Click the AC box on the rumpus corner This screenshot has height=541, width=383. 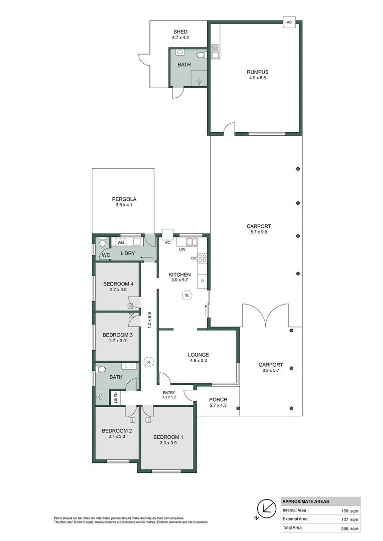tap(289, 22)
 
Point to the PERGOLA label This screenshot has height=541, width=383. tap(124, 199)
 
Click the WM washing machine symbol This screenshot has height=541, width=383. tap(121, 242)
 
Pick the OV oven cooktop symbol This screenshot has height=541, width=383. tap(203, 258)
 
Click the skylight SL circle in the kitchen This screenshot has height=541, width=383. tap(187, 296)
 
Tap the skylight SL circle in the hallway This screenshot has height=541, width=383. tap(148, 361)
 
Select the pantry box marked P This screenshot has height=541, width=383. tap(202, 281)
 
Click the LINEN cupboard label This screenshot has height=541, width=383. tap(116, 399)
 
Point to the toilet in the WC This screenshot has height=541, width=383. tap(102, 244)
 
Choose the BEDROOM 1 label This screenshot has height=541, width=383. tap(168, 437)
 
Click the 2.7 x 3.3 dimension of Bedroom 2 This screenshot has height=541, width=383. tap(117, 437)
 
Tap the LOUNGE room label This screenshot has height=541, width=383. tap(199, 355)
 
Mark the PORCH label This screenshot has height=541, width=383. tap(218, 399)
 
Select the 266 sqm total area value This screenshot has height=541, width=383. tap(351, 528)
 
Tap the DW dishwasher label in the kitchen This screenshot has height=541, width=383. tap(182, 249)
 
